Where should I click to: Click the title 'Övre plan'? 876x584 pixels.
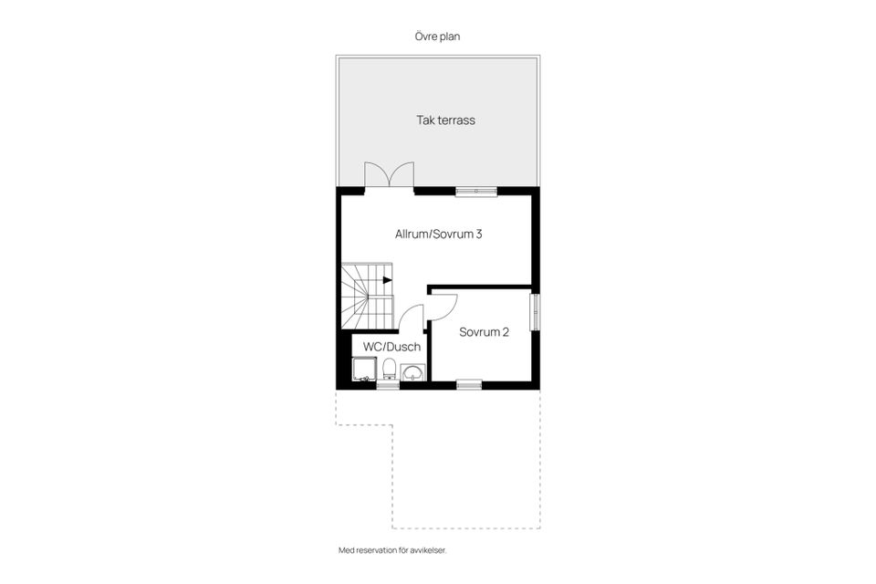[437, 36]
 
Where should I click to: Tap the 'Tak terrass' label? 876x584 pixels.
[445, 120]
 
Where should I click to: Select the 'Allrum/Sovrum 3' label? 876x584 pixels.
[438, 235]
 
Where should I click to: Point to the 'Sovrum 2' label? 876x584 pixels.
[484, 332]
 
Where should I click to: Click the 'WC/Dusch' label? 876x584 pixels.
[391, 347]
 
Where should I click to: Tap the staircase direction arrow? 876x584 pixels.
[388, 280]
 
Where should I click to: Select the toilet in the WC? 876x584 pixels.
[390, 370]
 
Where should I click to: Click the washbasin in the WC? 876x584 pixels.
[413, 371]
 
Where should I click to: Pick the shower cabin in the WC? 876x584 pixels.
[365, 369]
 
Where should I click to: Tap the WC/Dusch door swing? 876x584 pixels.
[412, 319]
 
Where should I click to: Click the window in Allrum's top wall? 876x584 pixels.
[476, 192]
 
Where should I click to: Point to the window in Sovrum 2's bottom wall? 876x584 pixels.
[469, 384]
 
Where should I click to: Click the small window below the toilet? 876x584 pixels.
[388, 385]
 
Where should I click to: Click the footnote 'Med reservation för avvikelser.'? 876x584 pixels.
[392, 551]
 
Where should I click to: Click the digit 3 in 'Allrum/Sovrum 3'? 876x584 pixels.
[478, 235]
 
